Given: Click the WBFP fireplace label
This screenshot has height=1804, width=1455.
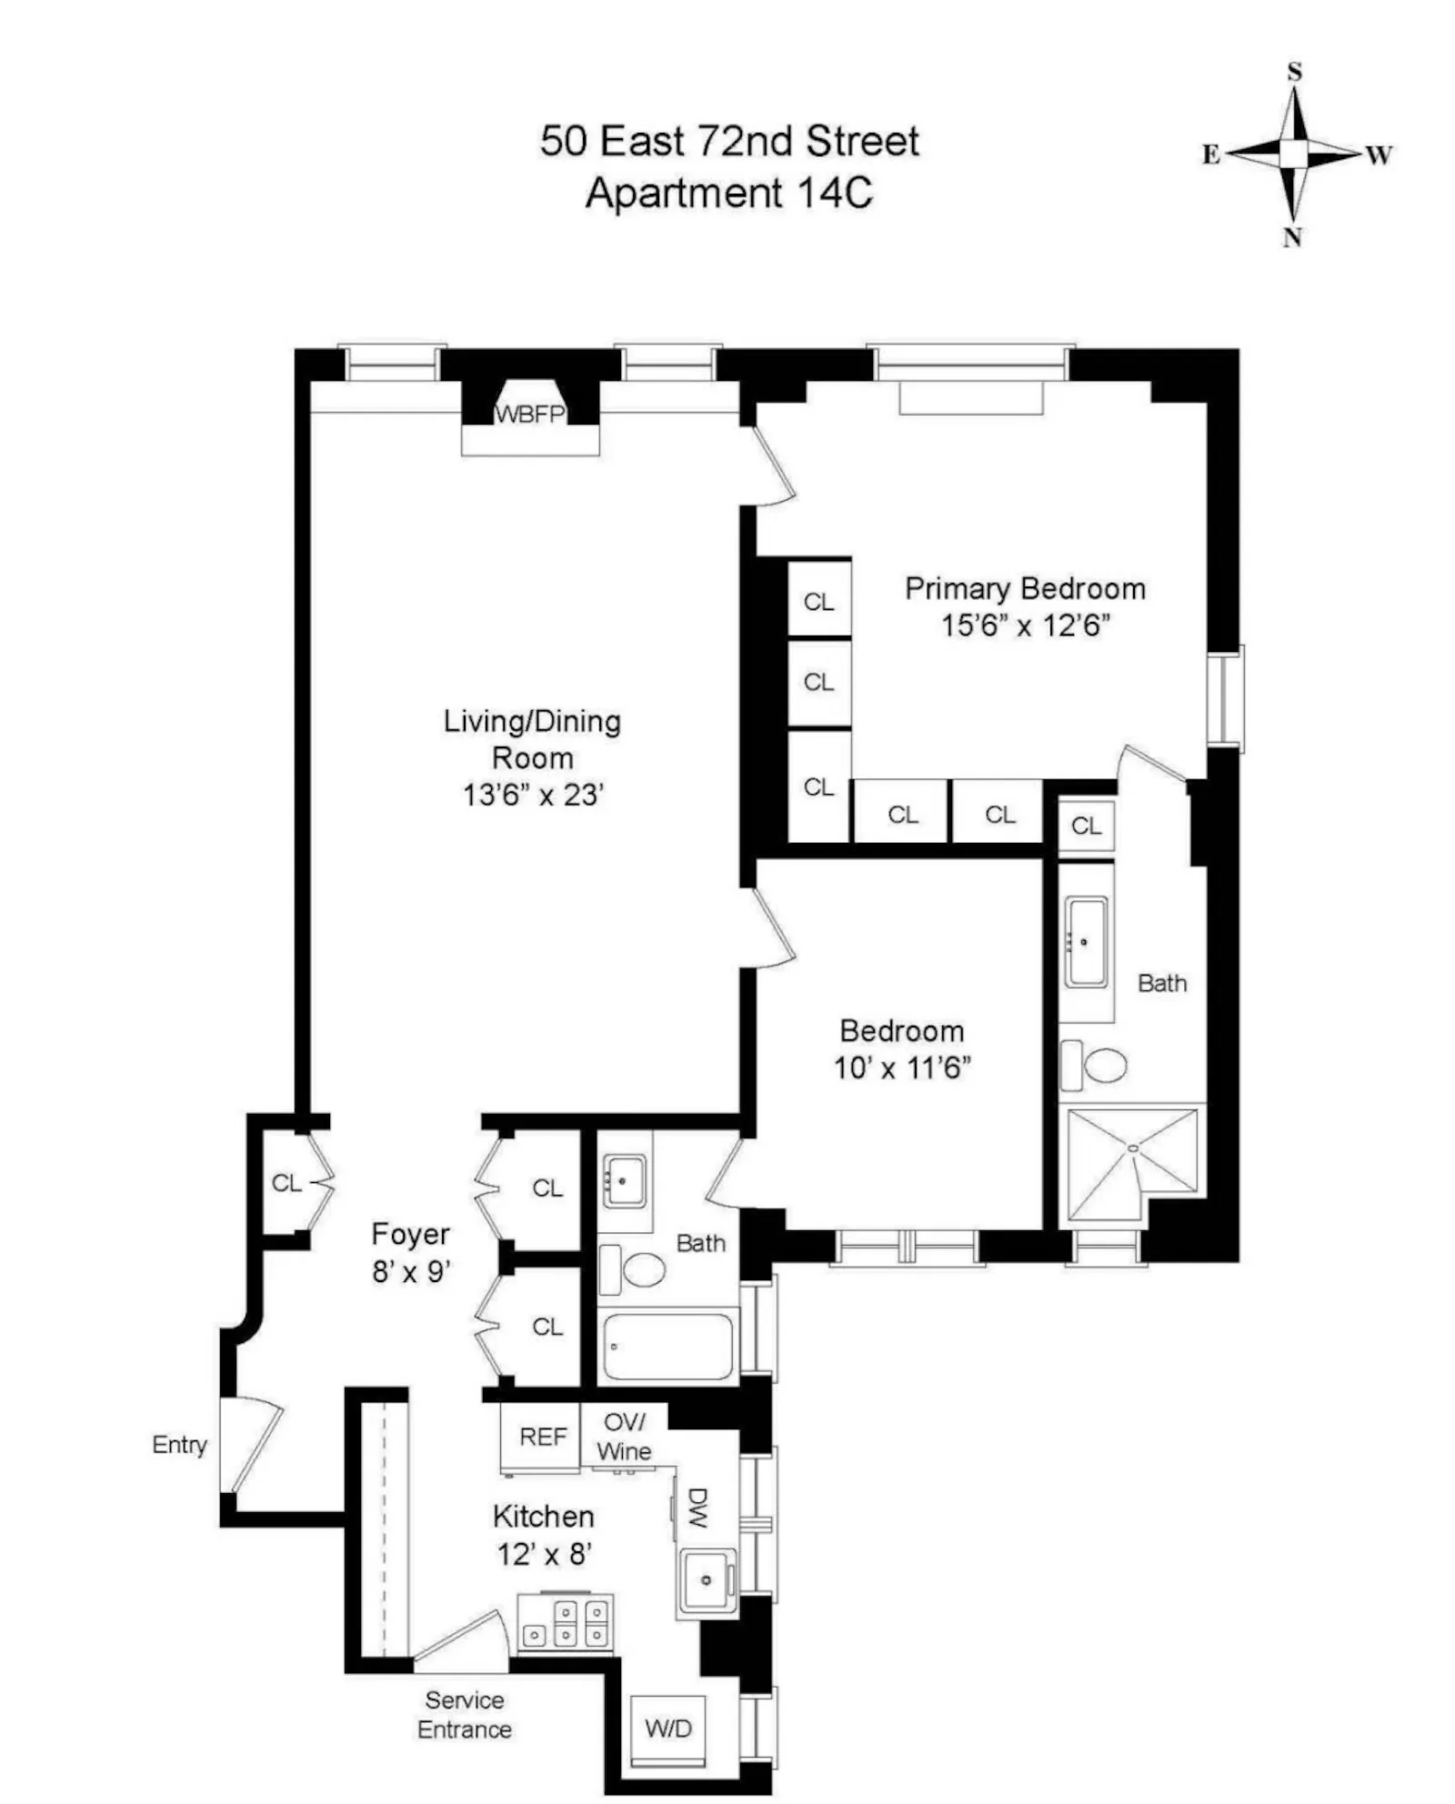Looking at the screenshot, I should (x=530, y=415).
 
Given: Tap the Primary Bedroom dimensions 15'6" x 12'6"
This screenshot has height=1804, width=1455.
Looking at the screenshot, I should (x=1025, y=626).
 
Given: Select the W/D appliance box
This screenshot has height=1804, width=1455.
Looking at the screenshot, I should (x=668, y=1729).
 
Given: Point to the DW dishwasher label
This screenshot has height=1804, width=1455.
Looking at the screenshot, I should (x=697, y=1508).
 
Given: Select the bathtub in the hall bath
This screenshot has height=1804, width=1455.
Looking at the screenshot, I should (x=667, y=1347).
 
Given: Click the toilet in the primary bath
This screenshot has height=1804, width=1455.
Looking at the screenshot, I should (x=1095, y=1065).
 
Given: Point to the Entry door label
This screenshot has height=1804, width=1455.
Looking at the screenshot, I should (x=179, y=1444).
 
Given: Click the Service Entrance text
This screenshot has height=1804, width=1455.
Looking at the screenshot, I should (x=464, y=1715).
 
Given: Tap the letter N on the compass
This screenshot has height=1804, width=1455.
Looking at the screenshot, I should (x=1292, y=238).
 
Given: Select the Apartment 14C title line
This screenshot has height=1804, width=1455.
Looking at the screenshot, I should (x=728, y=193).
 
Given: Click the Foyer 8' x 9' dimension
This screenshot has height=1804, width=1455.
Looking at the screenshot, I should (x=411, y=1271).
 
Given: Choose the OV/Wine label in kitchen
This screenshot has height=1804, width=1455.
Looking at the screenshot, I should (x=625, y=1437).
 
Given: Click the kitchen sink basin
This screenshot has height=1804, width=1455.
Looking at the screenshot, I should (x=707, y=1580).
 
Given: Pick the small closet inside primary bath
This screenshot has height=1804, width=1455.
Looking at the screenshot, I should (x=1086, y=826).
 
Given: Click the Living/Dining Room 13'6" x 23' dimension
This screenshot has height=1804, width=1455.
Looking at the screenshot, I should (x=533, y=796).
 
